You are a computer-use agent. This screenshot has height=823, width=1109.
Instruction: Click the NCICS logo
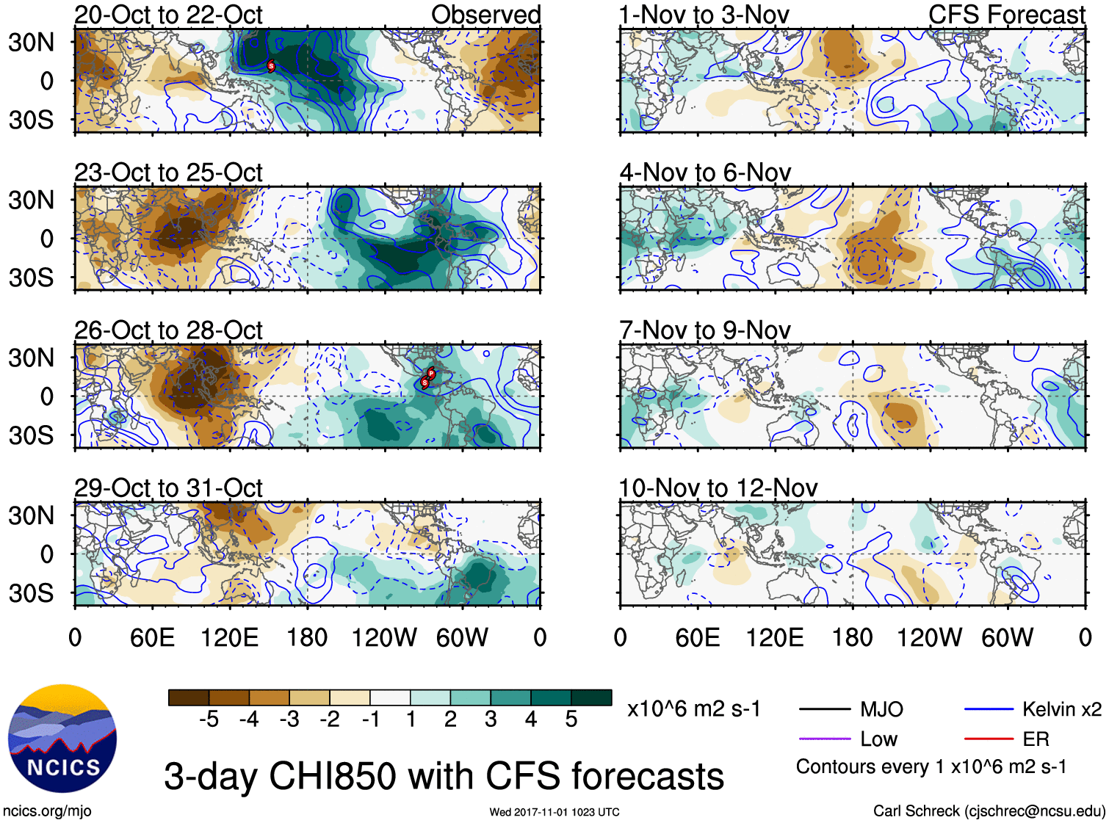coord(62,739)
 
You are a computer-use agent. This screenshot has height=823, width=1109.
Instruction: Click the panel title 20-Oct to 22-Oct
coord(168,15)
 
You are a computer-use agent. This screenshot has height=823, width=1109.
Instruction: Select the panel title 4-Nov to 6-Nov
coord(705,173)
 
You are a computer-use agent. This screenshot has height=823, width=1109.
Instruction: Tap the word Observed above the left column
coord(485,15)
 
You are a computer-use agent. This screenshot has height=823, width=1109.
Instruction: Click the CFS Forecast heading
coord(1006,15)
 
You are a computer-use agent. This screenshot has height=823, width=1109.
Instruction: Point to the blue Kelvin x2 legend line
coord(989,710)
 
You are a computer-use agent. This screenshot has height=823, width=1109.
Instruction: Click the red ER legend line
coord(989,739)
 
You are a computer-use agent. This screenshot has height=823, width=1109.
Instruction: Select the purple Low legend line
coord(824,739)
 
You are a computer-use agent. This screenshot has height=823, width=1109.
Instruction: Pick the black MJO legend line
coord(824,710)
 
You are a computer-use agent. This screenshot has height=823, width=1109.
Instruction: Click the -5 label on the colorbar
coord(209,719)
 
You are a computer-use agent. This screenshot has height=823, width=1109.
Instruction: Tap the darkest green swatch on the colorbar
coord(591,697)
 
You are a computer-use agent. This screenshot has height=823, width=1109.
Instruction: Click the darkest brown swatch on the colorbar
coord(189,697)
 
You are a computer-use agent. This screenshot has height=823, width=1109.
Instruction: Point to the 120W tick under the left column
coord(384,637)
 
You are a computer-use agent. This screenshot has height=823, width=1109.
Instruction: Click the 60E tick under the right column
coord(698,637)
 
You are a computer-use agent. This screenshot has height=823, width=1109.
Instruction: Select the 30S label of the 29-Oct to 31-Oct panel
coord(32,593)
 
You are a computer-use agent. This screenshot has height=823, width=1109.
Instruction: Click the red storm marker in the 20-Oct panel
coord(271,66)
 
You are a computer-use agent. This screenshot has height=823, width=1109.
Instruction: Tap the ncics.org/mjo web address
coord(48,811)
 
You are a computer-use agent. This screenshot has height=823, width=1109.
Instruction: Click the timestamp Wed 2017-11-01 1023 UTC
coord(554,812)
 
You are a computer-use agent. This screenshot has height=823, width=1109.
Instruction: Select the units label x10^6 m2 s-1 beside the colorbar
coord(693,709)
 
